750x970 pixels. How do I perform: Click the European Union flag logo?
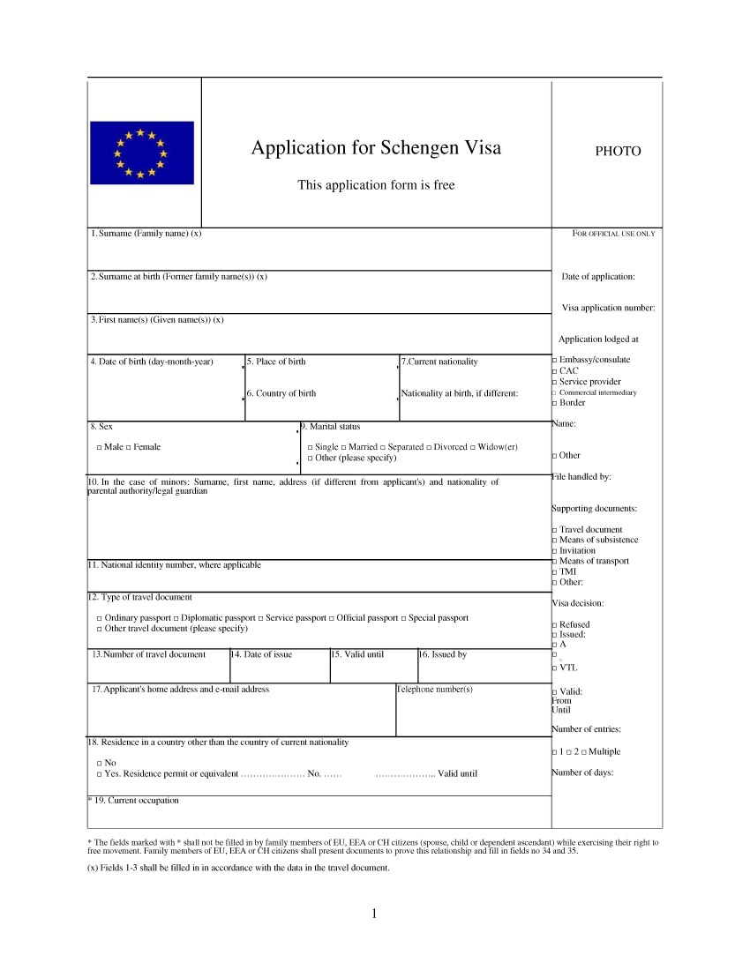pyautogui.click(x=141, y=153)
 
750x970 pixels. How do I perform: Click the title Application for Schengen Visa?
pyautogui.click(x=376, y=147)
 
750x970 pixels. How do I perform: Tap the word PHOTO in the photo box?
pyautogui.click(x=618, y=152)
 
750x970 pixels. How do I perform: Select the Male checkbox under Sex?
pyautogui.click(x=100, y=448)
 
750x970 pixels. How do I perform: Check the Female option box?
pyautogui.click(x=129, y=448)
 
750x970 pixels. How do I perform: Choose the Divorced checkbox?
pyautogui.click(x=429, y=448)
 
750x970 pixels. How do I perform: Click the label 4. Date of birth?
pyautogui.click(x=151, y=362)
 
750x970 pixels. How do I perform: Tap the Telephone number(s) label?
pyautogui.click(x=434, y=689)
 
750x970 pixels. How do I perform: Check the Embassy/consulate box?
pyautogui.click(x=554, y=361)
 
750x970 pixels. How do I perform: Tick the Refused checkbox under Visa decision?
pyautogui.click(x=554, y=625)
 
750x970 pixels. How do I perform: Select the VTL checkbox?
pyautogui.click(x=554, y=668)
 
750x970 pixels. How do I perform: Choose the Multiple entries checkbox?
pyautogui.click(x=583, y=752)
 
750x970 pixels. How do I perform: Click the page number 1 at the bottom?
pyautogui.click(x=375, y=913)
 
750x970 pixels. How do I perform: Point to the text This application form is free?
pyautogui.click(x=376, y=185)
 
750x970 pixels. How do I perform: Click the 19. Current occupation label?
pyautogui.click(x=135, y=801)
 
